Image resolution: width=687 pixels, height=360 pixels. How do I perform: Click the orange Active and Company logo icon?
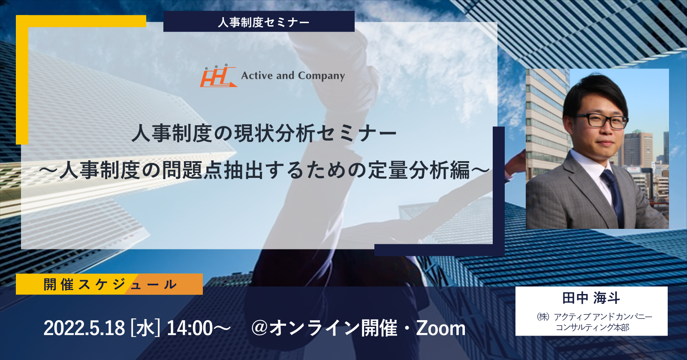(218, 76)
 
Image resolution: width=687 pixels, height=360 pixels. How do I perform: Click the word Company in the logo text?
(322, 76)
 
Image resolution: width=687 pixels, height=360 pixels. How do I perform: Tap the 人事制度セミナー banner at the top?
(259, 21)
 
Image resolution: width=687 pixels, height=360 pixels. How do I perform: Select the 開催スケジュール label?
(110, 284)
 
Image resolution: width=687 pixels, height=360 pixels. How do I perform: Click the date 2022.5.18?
(84, 328)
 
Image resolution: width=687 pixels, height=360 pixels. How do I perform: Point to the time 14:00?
(190, 328)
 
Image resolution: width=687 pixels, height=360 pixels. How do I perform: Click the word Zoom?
(441, 328)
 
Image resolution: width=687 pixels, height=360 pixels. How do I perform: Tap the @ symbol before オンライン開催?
(260, 328)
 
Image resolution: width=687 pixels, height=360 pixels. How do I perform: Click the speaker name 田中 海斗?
(591, 298)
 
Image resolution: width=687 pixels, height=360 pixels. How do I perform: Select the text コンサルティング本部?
(592, 327)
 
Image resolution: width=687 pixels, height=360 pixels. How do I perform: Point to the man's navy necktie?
(613, 196)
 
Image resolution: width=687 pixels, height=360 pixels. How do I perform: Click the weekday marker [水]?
(145, 328)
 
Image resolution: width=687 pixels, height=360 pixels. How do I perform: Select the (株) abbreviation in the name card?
(543, 317)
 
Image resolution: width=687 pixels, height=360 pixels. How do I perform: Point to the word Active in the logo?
(257, 75)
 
